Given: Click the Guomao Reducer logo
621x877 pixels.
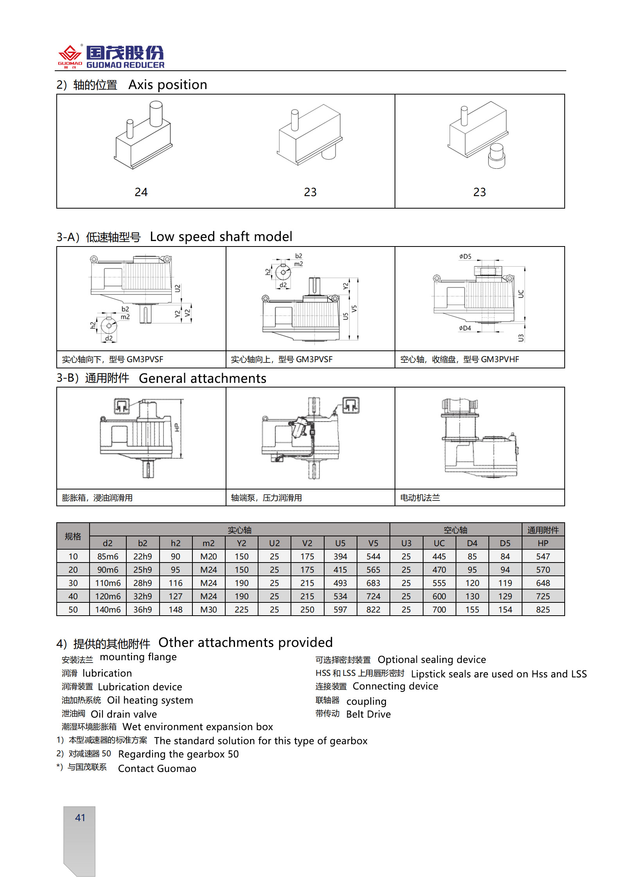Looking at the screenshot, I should pyautogui.click(x=111, y=57).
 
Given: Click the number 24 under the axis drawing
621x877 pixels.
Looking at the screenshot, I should pyautogui.click(x=141, y=192).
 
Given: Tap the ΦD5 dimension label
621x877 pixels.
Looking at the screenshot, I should pyautogui.click(x=465, y=257).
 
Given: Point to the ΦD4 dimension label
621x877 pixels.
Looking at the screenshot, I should pyautogui.click(x=465, y=328).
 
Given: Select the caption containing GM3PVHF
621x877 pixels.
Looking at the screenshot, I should pyautogui.click(x=459, y=359).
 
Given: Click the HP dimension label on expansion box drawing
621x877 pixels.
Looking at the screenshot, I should pyautogui.click(x=177, y=427).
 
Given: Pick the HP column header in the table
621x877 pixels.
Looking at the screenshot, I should pyautogui.click(x=543, y=543).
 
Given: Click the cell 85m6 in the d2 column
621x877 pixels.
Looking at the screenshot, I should pyautogui.click(x=108, y=556).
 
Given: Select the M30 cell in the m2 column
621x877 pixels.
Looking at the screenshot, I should pyautogui.click(x=208, y=609).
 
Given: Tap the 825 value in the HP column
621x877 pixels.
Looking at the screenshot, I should pyautogui.click(x=543, y=609).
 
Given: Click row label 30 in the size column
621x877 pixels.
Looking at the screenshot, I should pyautogui.click(x=73, y=583).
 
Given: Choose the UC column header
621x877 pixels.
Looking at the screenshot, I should pyautogui.click(x=439, y=543).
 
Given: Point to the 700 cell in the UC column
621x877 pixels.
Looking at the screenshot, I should pyautogui.click(x=439, y=609).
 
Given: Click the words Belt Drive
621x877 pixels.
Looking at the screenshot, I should pyautogui.click(x=368, y=714).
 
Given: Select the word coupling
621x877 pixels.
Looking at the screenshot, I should pyautogui.click(x=366, y=701).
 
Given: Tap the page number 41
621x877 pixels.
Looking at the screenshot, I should pyautogui.click(x=80, y=818).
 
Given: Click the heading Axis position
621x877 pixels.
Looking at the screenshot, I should pyautogui.click(x=168, y=85).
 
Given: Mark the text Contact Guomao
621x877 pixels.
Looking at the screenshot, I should pyautogui.click(x=157, y=768).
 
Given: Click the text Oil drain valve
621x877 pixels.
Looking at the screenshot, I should pyautogui.click(x=124, y=714).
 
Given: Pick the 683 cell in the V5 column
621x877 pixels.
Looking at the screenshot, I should pyautogui.click(x=373, y=583).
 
